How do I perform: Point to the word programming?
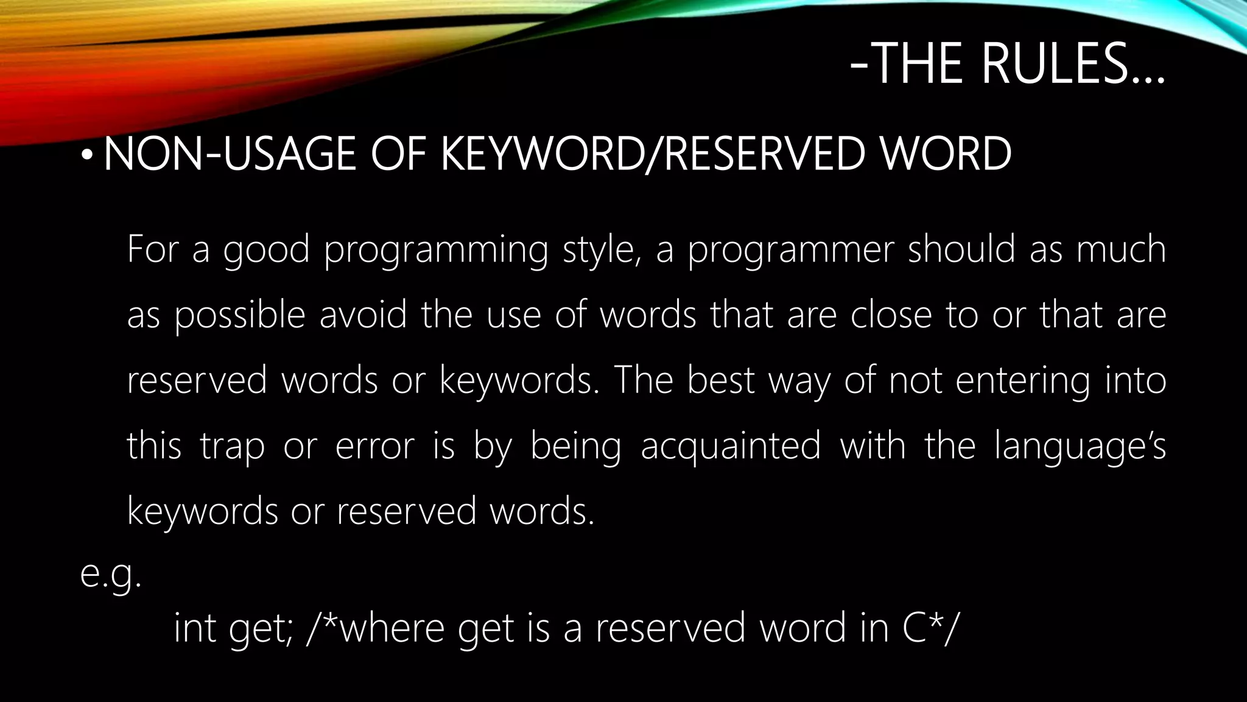point(436,250)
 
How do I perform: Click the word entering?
point(1023,381)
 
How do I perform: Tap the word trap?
point(232,446)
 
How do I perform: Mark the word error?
point(374,446)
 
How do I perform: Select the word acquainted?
point(731,446)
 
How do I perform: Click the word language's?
point(1080,446)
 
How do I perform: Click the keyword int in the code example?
point(195,628)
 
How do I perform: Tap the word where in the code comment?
point(392,628)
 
